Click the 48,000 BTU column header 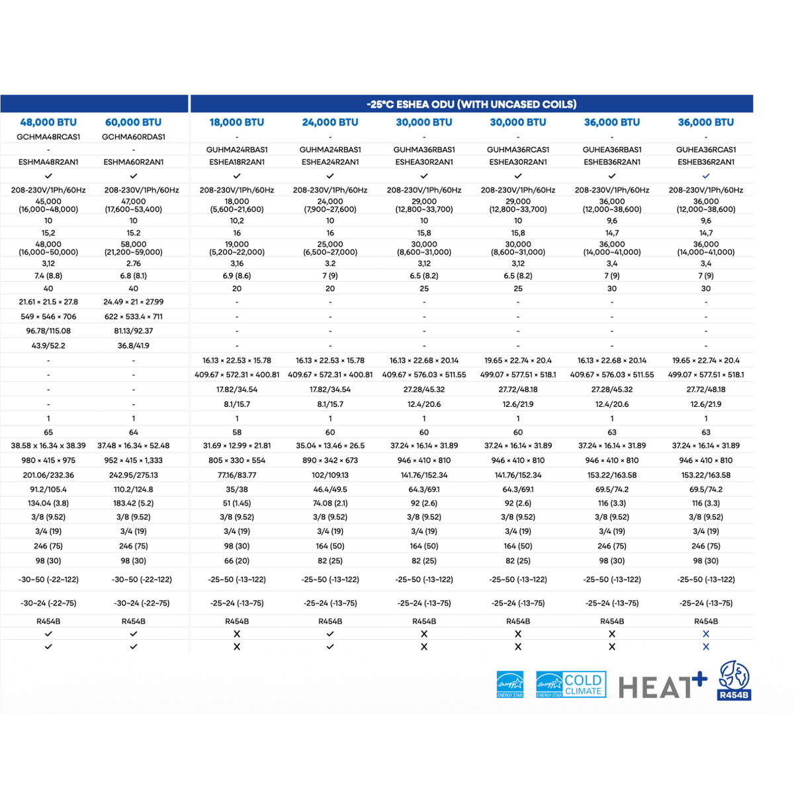point(48,122)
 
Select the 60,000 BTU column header point(133,122)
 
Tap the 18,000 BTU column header point(237,122)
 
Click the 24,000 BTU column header point(330,122)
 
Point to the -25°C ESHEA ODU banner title point(471,105)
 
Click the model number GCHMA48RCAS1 point(48,137)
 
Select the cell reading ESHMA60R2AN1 point(133,162)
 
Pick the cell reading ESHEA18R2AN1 point(237,162)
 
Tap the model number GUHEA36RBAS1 point(612,150)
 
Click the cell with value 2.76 point(133,263)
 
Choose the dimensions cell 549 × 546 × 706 point(48,316)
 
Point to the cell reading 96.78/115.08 point(48,331)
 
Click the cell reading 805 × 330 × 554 point(237,461)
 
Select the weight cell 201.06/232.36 point(48,475)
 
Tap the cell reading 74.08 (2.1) point(330,504)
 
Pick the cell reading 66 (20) point(237,561)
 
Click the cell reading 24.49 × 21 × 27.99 point(133,302)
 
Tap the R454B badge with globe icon point(734,680)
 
